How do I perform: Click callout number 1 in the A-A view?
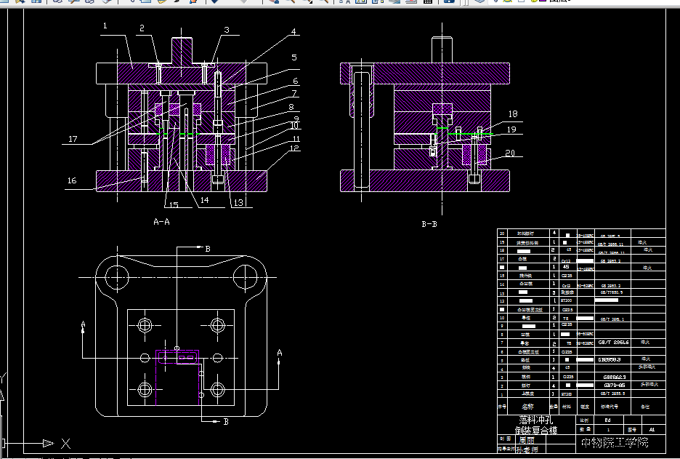click(105, 26)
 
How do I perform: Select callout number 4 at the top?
click(294, 32)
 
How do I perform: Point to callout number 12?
click(294, 148)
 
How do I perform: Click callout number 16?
click(72, 181)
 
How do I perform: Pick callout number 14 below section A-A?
click(204, 199)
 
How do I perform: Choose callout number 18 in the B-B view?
click(512, 114)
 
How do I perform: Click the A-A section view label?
click(161, 223)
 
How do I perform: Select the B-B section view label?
click(429, 225)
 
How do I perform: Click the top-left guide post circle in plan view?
click(116, 276)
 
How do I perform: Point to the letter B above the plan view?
click(207, 249)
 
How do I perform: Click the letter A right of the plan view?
click(280, 353)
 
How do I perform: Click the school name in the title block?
click(614, 442)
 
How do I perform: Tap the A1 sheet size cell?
click(652, 430)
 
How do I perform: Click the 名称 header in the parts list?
click(527, 407)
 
